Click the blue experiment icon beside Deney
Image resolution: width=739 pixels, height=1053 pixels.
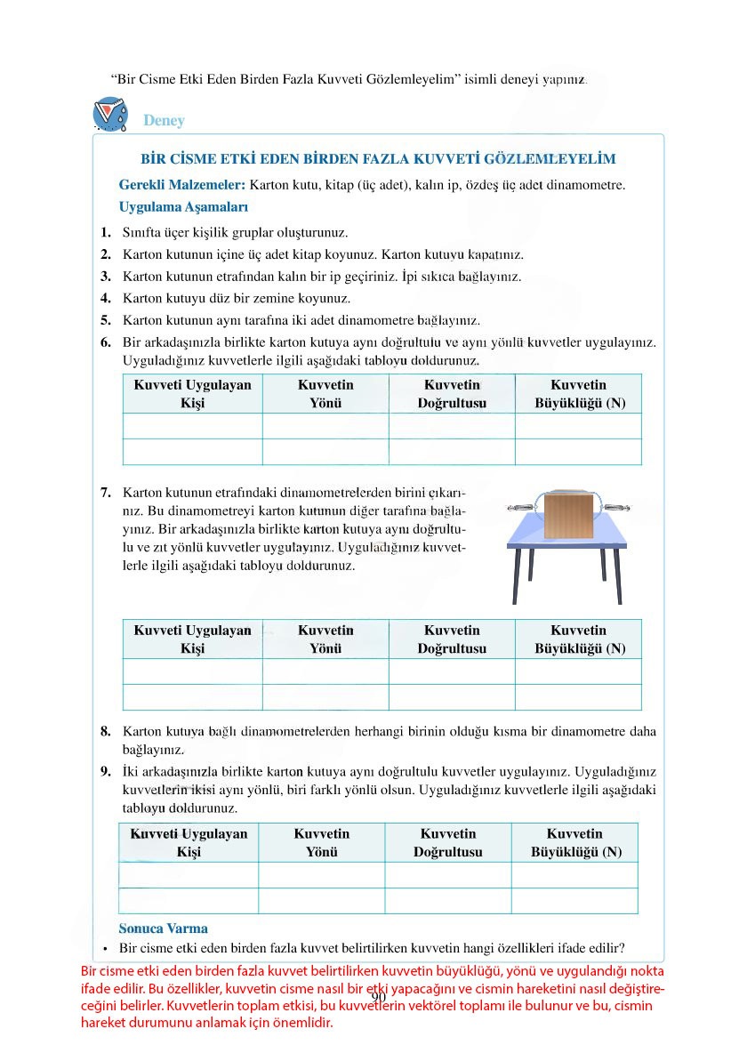click(x=110, y=115)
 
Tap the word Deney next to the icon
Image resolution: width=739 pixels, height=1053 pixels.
click(x=164, y=121)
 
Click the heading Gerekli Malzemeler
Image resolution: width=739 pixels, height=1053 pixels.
click(x=182, y=186)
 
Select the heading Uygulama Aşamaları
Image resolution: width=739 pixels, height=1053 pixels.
click(x=177, y=207)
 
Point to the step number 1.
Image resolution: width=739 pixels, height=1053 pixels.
click(x=105, y=232)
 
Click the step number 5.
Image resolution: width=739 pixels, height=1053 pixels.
click(x=105, y=319)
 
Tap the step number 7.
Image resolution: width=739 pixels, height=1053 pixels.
click(x=105, y=492)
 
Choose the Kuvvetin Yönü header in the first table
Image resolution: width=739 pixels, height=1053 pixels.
click(x=325, y=394)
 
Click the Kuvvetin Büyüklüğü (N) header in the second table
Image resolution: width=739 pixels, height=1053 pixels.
click(x=578, y=639)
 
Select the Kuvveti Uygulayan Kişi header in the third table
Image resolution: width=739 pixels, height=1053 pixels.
click(x=189, y=843)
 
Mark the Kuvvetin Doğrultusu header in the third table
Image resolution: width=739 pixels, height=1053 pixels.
click(x=448, y=843)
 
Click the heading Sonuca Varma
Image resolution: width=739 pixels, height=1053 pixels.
click(x=164, y=928)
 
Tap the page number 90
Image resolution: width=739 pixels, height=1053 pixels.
click(x=378, y=997)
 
